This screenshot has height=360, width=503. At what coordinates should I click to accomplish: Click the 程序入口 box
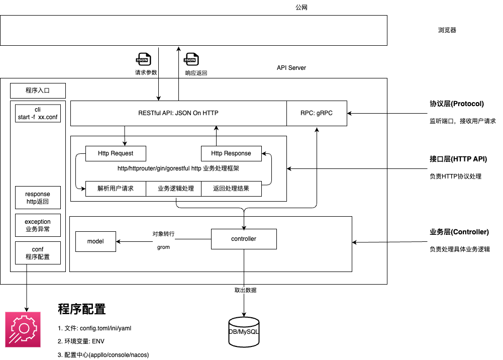tap(38, 91)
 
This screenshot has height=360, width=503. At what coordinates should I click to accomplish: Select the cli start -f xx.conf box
tap(38, 113)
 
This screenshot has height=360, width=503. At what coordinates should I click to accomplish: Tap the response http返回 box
tap(38, 198)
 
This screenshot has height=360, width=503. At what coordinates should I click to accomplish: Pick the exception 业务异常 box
tap(38, 225)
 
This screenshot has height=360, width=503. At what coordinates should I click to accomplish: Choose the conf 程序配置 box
tap(38, 253)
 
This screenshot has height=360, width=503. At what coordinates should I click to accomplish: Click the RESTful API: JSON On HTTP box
tap(178, 113)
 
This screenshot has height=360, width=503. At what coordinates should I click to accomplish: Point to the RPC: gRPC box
tap(317, 113)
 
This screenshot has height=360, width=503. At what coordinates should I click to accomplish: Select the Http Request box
tap(116, 153)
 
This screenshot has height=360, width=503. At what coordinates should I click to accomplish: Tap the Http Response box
tap(231, 153)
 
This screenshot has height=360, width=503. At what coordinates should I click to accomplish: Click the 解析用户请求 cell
tap(116, 189)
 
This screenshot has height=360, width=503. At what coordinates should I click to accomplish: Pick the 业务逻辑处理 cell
tap(176, 189)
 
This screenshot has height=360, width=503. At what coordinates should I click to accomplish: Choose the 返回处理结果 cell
tap(231, 189)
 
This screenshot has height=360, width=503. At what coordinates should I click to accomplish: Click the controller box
tap(244, 239)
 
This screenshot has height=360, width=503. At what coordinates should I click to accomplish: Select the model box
tap(95, 241)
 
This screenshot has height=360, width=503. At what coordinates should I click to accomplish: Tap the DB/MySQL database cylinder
tap(244, 332)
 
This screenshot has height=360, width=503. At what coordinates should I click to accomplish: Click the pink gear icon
tap(23, 329)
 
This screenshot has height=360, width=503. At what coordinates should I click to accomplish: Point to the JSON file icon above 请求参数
tap(143, 59)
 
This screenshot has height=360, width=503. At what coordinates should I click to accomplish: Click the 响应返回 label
tap(196, 73)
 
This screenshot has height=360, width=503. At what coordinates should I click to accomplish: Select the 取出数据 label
tap(246, 290)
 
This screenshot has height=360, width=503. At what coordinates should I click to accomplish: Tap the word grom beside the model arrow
tap(163, 247)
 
